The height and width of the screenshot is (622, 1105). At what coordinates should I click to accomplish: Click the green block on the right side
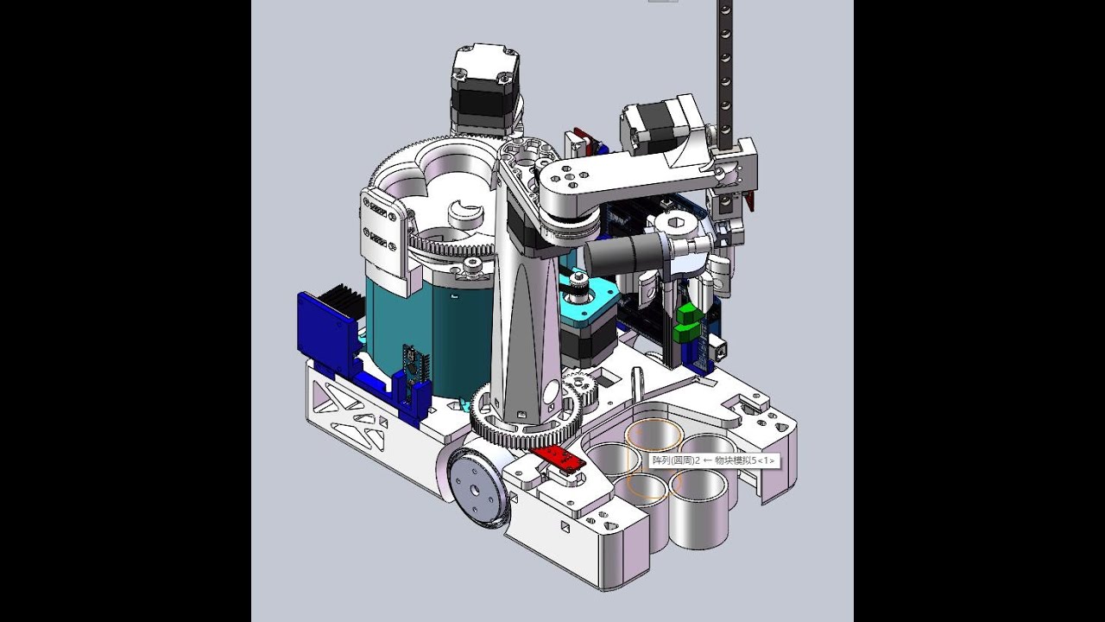click(x=688, y=323)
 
